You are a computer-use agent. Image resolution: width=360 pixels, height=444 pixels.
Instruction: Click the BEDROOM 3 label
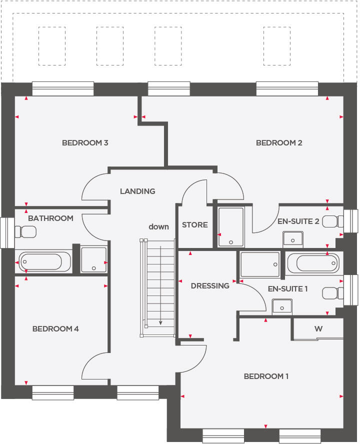[x=85, y=143]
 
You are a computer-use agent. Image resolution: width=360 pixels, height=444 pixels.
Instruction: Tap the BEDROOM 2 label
[x=279, y=143]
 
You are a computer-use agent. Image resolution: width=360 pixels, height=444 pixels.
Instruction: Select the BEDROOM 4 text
[x=55, y=329]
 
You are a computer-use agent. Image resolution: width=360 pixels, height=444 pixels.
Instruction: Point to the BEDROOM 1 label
[x=266, y=376]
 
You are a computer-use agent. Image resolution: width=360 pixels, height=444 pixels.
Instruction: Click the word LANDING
[x=137, y=191]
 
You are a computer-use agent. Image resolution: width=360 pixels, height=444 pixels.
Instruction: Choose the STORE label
[x=194, y=225]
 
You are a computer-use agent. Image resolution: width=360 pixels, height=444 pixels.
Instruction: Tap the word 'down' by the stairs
[x=158, y=226]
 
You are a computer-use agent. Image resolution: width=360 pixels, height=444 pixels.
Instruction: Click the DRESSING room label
[x=210, y=286]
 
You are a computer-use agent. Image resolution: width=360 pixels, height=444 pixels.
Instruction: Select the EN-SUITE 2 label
[x=298, y=221]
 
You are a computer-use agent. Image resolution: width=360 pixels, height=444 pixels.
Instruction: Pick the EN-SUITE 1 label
[x=288, y=289]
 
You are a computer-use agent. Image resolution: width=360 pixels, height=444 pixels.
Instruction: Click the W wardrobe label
[x=318, y=329]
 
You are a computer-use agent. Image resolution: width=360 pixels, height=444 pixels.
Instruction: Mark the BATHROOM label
[x=50, y=218]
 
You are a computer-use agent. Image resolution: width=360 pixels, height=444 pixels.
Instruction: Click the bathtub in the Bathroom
[x=40, y=261]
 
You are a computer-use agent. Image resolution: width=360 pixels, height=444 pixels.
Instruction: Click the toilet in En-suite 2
[x=333, y=221]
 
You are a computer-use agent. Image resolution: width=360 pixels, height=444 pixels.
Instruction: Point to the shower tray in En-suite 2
[x=231, y=227]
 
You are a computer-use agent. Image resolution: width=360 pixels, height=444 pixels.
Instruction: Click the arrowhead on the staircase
[x=160, y=322]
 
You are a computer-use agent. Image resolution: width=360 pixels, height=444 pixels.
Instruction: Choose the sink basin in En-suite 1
[x=282, y=306]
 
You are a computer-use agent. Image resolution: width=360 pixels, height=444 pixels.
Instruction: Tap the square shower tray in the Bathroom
[x=93, y=259]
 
